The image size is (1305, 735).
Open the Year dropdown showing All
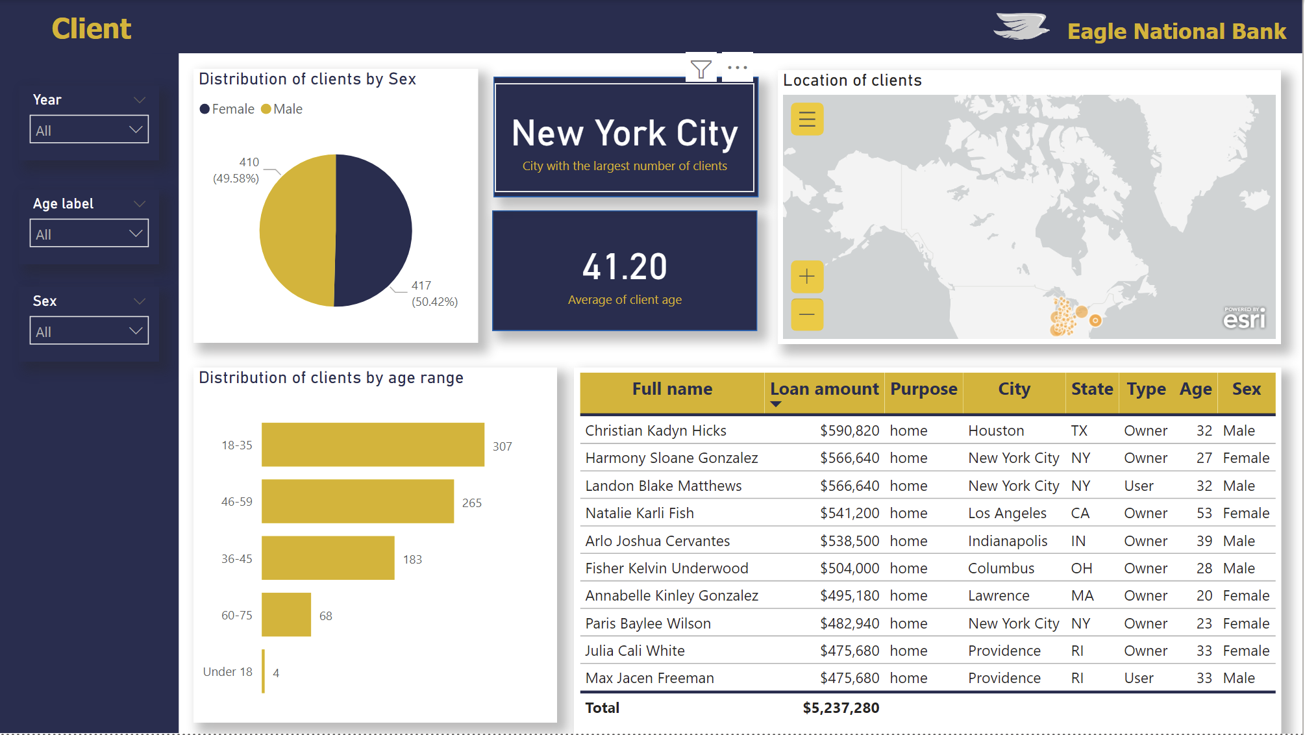point(89,130)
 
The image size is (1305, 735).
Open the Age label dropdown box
point(89,234)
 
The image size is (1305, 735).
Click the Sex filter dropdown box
point(89,331)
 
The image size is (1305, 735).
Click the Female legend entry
point(227,109)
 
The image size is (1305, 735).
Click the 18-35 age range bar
point(373,445)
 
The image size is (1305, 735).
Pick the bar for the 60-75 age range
point(286,614)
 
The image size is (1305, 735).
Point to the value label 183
point(412,560)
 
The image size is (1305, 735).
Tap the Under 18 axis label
point(227,672)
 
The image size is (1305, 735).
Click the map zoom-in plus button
point(807,277)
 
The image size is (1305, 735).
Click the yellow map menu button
point(807,119)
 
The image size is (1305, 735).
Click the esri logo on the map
point(1245,318)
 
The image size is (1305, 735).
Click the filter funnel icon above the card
point(701,68)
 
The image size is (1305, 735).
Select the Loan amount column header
point(824,389)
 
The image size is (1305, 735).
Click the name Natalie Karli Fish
point(640,514)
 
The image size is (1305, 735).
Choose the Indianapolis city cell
point(1008,541)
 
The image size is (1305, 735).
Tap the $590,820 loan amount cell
point(849,431)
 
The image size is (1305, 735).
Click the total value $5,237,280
point(841,708)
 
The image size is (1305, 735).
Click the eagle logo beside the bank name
point(1021,27)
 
